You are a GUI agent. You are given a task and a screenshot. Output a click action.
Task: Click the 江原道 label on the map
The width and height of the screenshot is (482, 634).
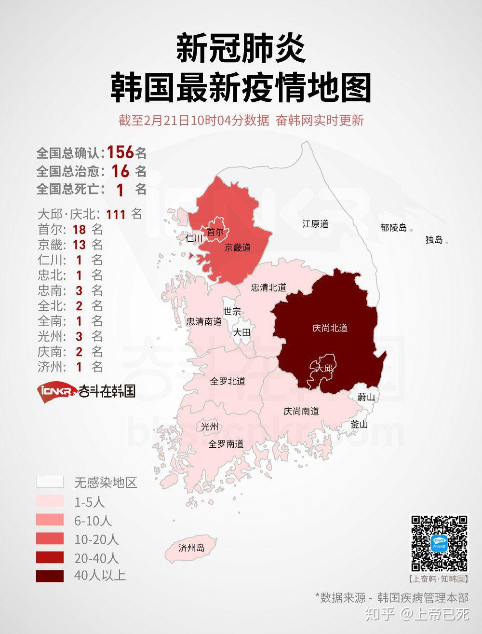click(x=315, y=224)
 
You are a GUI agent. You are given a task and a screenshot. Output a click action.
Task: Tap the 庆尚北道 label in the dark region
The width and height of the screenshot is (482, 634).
click(x=330, y=328)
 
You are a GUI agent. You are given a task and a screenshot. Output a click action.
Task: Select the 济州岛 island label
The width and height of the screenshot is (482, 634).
click(x=191, y=548)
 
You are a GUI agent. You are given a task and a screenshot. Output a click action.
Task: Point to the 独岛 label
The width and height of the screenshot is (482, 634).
click(x=434, y=239)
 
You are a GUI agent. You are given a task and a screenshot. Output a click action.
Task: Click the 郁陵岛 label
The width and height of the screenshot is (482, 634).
click(x=393, y=228)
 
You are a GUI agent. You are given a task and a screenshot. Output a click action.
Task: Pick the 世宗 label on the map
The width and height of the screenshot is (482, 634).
click(x=232, y=312)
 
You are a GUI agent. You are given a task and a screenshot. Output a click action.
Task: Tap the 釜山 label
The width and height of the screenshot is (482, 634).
click(x=359, y=425)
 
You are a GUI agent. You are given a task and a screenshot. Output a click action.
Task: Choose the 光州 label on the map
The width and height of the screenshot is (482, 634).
click(x=210, y=427)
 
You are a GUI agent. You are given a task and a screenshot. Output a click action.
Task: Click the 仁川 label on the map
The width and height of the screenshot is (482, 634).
click(x=194, y=238)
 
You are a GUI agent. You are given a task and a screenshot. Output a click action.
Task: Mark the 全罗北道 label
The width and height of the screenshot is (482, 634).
click(x=228, y=381)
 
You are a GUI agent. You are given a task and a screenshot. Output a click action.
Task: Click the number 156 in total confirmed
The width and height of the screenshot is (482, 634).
click(x=120, y=152)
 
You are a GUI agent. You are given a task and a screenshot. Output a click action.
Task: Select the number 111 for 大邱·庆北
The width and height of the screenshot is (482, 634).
click(x=116, y=214)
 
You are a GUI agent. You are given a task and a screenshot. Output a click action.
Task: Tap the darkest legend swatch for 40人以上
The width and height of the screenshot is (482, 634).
click(x=50, y=576)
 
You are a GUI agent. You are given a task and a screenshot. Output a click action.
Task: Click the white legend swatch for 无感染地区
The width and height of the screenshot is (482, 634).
click(x=50, y=482)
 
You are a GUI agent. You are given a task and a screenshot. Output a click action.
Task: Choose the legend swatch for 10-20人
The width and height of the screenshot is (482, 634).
click(x=50, y=538)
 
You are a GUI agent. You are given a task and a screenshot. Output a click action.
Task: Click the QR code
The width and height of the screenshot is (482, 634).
click(x=439, y=544)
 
